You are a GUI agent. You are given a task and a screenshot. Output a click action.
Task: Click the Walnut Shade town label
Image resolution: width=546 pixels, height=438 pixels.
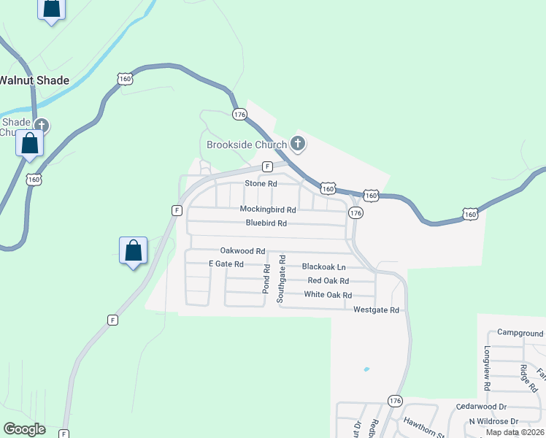tap(34, 80)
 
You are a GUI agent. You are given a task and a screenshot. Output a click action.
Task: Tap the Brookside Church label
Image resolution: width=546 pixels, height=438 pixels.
tap(247, 144)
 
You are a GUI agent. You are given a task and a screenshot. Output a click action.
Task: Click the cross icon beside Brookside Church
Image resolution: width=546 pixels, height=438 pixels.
tap(297, 143)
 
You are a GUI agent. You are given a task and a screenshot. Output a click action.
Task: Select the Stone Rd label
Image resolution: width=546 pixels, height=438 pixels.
tap(261, 183)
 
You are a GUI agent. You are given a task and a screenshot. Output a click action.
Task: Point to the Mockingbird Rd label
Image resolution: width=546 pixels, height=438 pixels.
tap(268, 209)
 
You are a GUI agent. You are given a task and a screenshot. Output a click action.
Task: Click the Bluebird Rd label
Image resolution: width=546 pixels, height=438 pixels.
tap(266, 223)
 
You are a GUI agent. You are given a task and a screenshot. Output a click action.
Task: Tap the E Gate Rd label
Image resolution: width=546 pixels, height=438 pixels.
tap(226, 264)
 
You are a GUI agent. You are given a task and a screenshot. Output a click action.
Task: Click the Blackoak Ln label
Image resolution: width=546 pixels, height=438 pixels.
tap(323, 266)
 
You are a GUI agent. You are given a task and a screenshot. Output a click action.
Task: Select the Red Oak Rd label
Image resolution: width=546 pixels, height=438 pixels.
tap(328, 280)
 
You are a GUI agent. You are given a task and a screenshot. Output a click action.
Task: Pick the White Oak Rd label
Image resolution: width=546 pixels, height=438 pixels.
tap(328, 295)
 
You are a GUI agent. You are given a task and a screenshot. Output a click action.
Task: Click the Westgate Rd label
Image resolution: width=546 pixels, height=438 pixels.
tap(376, 310)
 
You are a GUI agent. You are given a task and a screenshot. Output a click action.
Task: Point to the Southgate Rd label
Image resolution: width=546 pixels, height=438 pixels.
tap(280, 279)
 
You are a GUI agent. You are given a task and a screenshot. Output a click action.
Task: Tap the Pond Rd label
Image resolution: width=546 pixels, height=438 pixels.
tap(266, 279)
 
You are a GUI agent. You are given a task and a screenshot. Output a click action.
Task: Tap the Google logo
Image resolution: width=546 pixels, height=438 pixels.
tap(24, 429)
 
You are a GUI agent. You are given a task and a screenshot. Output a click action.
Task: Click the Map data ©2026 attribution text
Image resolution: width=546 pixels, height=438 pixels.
tap(515, 432)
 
